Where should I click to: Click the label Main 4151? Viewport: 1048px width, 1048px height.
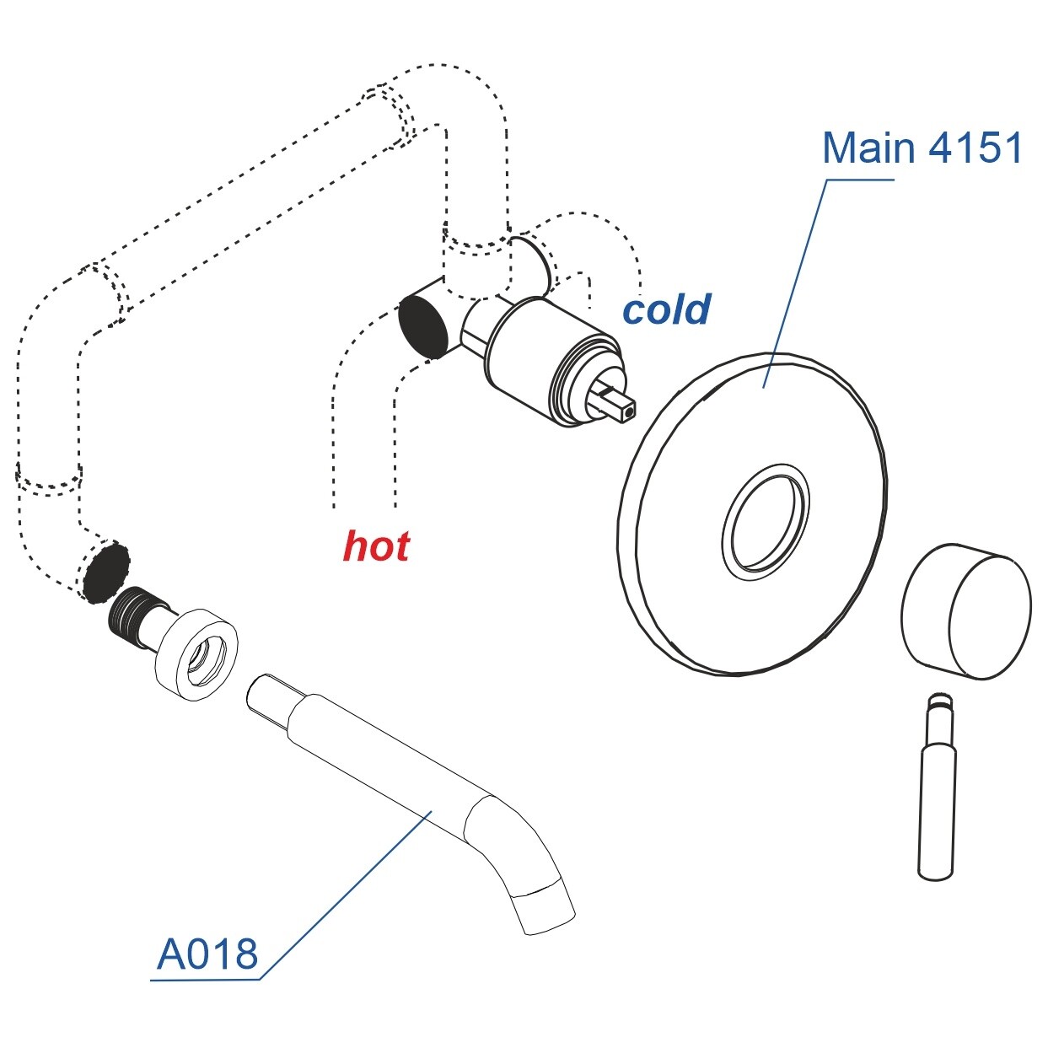tap(922, 148)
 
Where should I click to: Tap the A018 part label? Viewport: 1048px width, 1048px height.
tap(207, 954)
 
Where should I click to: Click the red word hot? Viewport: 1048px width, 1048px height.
tap(376, 546)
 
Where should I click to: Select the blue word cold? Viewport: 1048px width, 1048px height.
tap(666, 309)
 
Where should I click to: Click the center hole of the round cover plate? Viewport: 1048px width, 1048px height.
tap(765, 522)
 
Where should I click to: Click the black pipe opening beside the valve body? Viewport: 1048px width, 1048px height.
tap(422, 325)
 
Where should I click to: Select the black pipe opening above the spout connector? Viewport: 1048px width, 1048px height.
tap(107, 571)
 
